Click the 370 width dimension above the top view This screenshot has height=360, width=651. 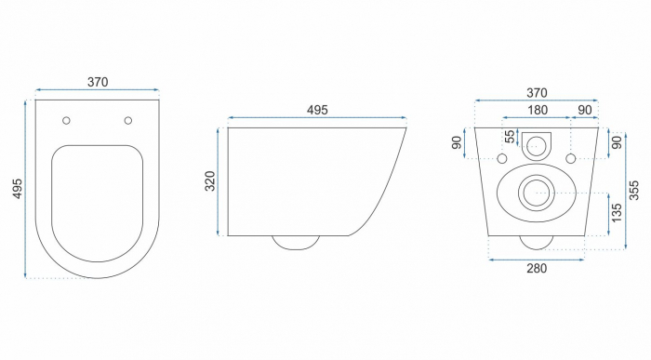[x=98, y=82]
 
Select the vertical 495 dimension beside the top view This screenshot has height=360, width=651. [x=17, y=188]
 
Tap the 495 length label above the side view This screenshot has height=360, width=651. [x=316, y=110]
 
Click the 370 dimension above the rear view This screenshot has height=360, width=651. [x=535, y=92]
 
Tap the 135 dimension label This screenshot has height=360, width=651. [x=615, y=213]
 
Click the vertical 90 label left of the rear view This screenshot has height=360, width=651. [x=458, y=143]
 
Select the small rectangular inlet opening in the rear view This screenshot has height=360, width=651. [x=535, y=144]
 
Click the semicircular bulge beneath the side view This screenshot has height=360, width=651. [x=296, y=243]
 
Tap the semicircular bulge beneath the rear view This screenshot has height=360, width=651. [x=535, y=243]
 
